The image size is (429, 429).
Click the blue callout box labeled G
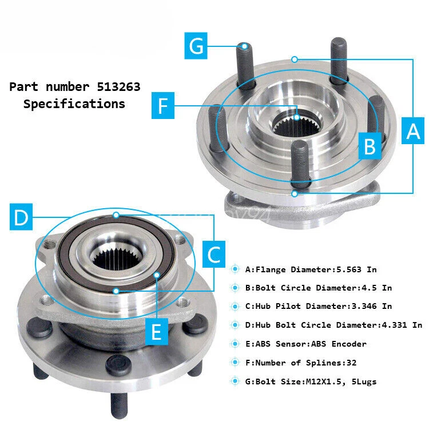click(196, 46)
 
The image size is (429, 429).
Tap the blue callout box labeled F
click(163, 106)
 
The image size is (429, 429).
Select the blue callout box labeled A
click(413, 131)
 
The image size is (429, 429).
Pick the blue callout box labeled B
click(370, 146)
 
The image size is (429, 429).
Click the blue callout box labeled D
click(21, 217)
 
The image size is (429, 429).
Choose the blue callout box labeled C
click(214, 255)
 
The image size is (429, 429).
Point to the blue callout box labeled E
click(157, 332)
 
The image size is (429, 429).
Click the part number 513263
click(118, 87)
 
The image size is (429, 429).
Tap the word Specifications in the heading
click(74, 104)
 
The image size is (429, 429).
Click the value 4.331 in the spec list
click(394, 325)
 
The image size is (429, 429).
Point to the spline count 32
click(352, 363)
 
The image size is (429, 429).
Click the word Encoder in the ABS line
click(349, 344)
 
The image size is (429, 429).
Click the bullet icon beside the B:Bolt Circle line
click(235, 288)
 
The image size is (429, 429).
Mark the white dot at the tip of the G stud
click(245, 46)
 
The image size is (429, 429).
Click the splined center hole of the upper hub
click(296, 125)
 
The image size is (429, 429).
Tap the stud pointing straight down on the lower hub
click(119, 405)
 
